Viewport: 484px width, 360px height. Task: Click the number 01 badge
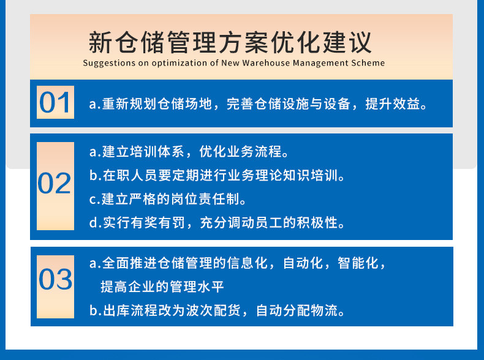55,102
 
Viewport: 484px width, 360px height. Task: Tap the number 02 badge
55,186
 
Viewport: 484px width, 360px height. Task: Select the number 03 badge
55,287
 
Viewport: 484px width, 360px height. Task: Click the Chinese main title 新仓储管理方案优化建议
230,42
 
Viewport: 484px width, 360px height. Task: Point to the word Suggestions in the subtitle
109,63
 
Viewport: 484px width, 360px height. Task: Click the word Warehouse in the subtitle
266,63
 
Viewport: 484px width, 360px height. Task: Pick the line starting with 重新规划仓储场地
258,104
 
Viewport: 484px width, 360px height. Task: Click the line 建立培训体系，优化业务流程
189,151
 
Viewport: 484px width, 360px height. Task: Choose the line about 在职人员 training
217,175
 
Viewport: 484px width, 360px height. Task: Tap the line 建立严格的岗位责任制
168,199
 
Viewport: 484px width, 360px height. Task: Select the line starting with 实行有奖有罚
217,222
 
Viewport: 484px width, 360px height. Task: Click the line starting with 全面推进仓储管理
237,263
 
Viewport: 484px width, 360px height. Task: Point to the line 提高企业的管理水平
162,287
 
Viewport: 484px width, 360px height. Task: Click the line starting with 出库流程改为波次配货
217,310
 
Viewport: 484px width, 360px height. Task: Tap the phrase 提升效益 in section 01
392,104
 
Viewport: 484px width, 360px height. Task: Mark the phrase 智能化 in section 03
358,263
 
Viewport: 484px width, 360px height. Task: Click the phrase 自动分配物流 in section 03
297,310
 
